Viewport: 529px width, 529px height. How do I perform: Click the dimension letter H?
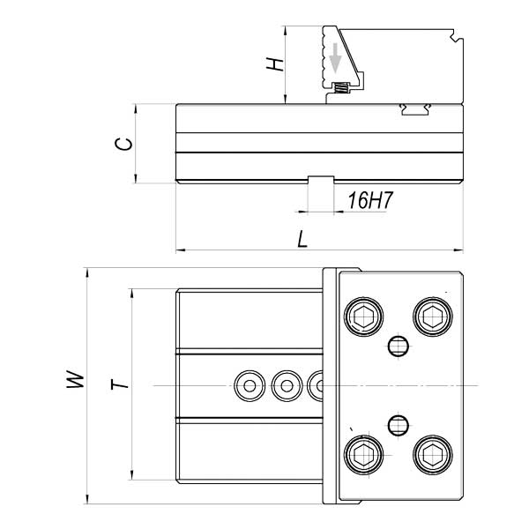275,64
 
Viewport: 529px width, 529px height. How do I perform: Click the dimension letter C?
123,144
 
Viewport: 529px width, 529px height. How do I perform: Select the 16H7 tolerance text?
370,200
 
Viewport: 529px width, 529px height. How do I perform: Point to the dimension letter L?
302,239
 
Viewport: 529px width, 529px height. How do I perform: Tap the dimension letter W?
75,379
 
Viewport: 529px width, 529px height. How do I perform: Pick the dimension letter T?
120,384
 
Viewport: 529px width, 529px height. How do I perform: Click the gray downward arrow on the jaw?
335,57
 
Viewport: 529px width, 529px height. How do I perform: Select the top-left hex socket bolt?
363,317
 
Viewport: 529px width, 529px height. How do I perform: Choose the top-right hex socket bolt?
433,317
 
